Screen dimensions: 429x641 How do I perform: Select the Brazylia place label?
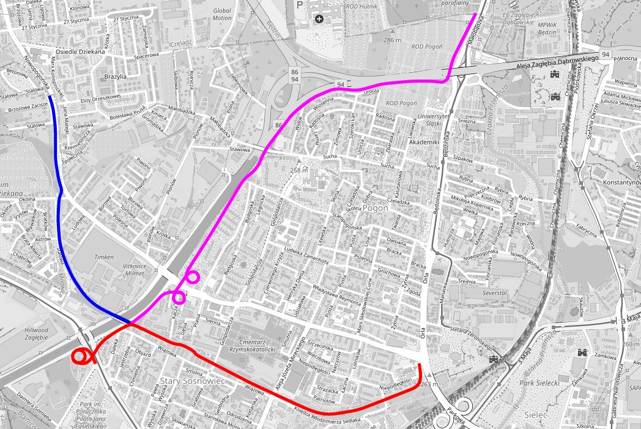coord(115,76)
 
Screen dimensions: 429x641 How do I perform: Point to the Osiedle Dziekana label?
coord(80,52)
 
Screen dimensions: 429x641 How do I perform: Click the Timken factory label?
coord(104,258)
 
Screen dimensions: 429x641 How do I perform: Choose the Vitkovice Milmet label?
coord(135,270)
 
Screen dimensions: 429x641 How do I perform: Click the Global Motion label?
coord(222,15)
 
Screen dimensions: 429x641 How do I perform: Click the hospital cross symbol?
coord(319,19)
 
